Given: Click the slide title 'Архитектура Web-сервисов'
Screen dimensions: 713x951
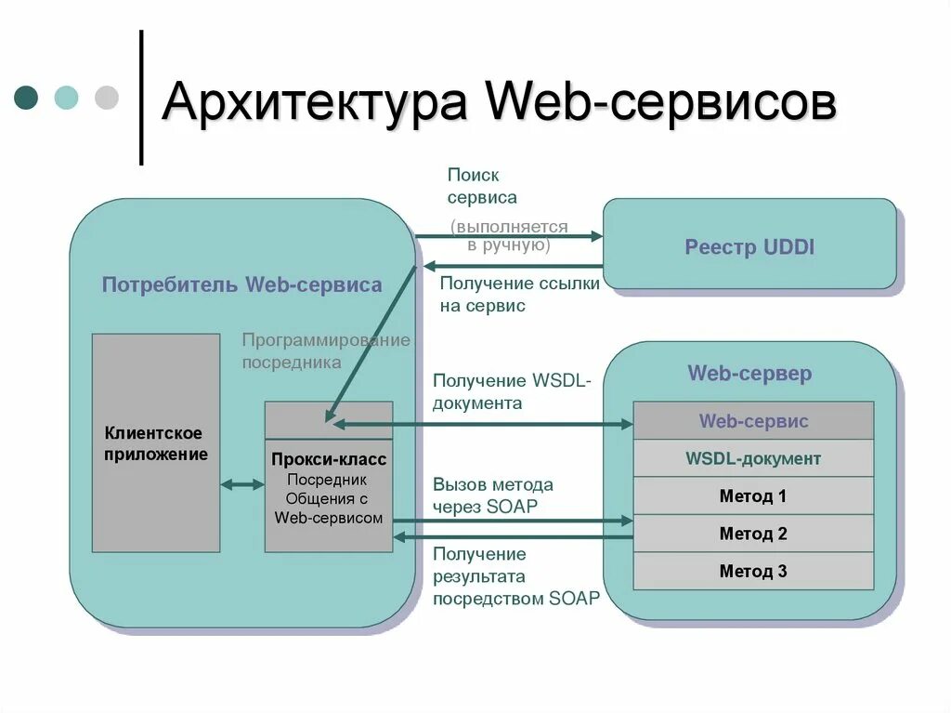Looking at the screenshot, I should point(499,102).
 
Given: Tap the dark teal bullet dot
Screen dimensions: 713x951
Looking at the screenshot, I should point(26,97).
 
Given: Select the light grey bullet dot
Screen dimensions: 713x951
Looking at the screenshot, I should point(107,97).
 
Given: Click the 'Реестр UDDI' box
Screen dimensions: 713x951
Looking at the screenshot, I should point(749,246).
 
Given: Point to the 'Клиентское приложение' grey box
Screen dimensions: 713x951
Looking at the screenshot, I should point(156,443).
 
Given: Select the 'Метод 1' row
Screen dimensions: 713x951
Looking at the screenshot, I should point(753,495).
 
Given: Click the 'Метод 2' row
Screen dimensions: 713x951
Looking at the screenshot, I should point(753,534).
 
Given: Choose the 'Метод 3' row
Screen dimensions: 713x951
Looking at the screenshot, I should point(753,571).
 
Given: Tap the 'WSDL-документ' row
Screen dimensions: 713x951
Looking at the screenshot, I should point(753,458).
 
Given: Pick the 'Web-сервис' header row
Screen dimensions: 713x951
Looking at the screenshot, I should point(753,421).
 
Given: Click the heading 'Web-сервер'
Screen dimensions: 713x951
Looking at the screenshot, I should point(749,374).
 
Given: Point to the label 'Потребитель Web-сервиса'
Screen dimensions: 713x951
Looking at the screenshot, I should point(241,284).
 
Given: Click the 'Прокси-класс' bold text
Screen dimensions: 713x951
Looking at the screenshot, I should point(329,459).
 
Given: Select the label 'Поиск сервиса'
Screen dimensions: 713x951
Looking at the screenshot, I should point(482,186).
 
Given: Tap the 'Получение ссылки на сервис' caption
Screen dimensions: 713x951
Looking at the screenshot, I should point(519,294).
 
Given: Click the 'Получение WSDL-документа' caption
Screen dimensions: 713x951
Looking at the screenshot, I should point(517,391).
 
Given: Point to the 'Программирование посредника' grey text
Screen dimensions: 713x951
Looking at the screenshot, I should point(325,350).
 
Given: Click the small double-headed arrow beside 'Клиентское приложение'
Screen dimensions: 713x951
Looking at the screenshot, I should point(242,484).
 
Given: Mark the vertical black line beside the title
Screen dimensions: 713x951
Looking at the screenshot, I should point(141,98).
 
